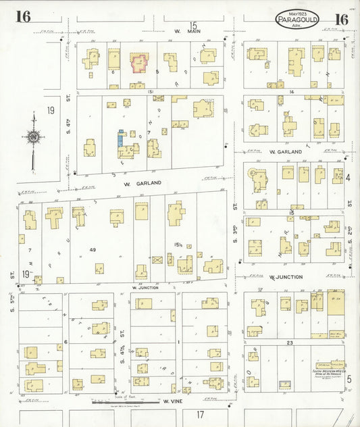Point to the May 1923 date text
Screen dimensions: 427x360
(x=299, y=12)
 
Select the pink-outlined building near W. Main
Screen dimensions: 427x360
(x=140, y=63)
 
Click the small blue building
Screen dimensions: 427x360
(x=121, y=139)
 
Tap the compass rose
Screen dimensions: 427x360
(x=32, y=138)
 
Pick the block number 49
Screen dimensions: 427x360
(x=93, y=249)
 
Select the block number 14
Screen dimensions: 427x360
(x=292, y=91)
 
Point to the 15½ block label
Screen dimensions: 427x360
(x=180, y=244)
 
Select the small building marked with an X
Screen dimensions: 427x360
(x=157, y=259)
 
